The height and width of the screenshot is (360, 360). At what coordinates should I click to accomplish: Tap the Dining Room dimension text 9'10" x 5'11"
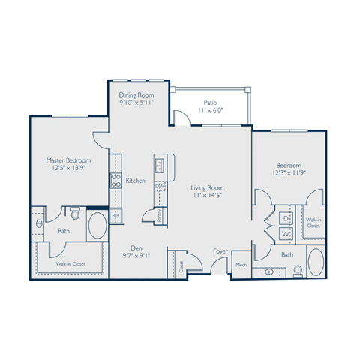pyautogui.click(x=136, y=103)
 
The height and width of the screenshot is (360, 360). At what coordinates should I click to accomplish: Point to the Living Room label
pyautogui.click(x=207, y=187)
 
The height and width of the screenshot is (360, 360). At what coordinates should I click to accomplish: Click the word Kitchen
pyautogui.click(x=136, y=180)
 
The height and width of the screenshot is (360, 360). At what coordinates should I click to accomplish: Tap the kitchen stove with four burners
pyautogui.click(x=116, y=180)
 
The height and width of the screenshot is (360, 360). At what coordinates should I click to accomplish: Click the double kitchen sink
pyautogui.click(x=160, y=165)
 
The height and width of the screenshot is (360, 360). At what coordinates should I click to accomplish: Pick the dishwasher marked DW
pyautogui.click(x=160, y=186)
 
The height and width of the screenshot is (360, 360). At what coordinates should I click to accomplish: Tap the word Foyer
pyautogui.click(x=220, y=251)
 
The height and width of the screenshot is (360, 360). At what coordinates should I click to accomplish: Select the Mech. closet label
pyautogui.click(x=241, y=265)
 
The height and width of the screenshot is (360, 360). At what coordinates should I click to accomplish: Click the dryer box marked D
pyautogui.click(x=286, y=217)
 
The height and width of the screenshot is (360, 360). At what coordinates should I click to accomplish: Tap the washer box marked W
pyautogui.click(x=286, y=233)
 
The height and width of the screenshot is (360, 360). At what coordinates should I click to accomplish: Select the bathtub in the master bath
pyautogui.click(x=97, y=224)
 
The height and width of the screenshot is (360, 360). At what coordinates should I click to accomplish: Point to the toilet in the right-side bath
pyautogui.click(x=298, y=271)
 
